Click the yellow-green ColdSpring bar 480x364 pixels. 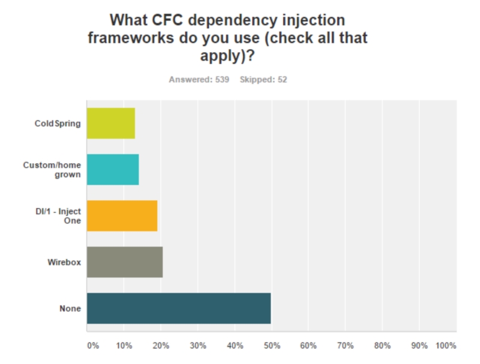(111, 123)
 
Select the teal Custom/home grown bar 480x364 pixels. (113, 170)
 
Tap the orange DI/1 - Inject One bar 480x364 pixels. (122, 216)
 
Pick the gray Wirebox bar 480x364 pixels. (125, 262)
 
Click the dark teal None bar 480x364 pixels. (179, 308)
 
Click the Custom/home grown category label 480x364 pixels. (55, 170)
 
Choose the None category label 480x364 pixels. (70, 309)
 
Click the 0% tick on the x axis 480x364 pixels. (93, 346)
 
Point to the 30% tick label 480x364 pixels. (199, 346)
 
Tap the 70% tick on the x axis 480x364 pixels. (346, 346)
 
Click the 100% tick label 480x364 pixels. (446, 346)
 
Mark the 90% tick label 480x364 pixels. (420, 346)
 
